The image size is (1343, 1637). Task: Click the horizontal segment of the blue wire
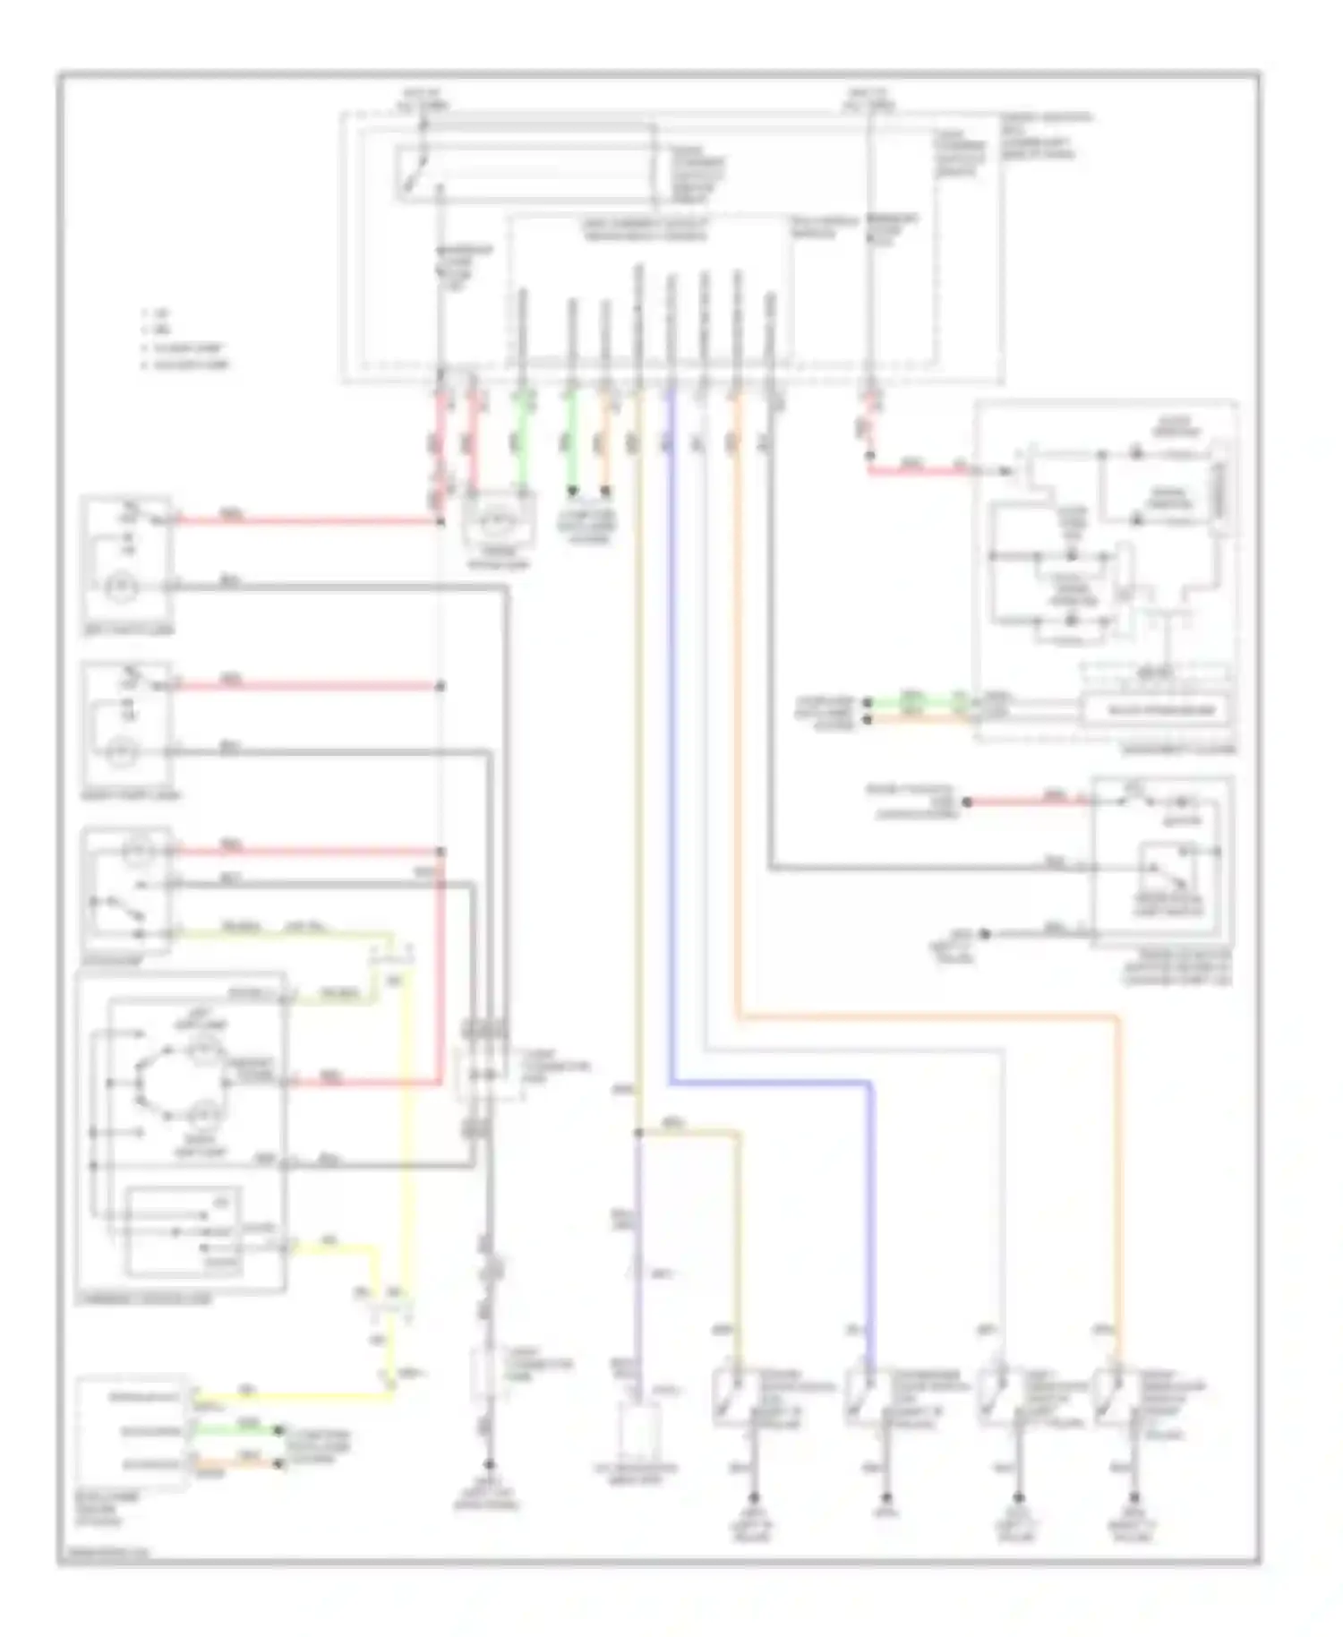[x=770, y=1083]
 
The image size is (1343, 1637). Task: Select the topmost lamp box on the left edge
[x=126, y=556]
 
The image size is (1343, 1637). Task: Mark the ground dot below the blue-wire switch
[x=887, y=1498]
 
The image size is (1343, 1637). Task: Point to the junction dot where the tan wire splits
[x=638, y=1133]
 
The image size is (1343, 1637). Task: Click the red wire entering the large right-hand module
[x=922, y=469]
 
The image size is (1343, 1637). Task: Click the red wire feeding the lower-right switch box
[x=1030, y=801]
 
